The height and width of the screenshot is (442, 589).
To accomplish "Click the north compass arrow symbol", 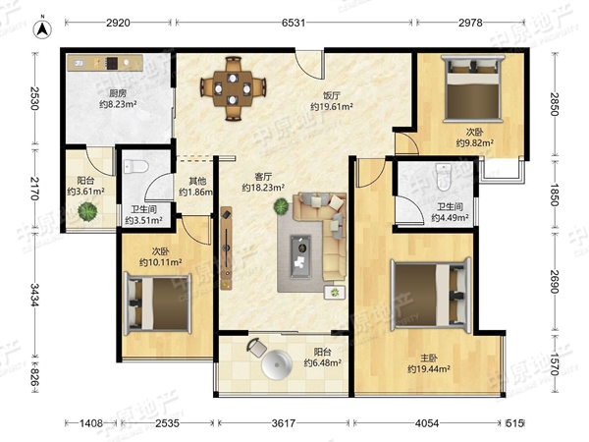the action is (x=43, y=29).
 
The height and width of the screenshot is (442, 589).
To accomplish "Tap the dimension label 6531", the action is (x=294, y=23).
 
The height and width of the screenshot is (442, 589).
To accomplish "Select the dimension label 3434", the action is (x=34, y=295).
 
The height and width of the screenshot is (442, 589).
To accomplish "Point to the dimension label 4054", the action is (x=427, y=423).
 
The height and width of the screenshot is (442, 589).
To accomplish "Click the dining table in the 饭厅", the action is (x=233, y=88).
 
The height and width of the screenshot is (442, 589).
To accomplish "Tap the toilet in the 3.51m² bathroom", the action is (x=135, y=166).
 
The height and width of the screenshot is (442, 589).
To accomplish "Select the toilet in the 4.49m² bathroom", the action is (x=444, y=177).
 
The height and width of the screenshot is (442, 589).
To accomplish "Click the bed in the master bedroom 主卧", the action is (x=431, y=295).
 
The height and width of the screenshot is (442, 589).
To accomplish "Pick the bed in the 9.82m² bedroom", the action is (x=473, y=88).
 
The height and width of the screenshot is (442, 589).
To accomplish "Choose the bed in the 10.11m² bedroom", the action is (x=158, y=304).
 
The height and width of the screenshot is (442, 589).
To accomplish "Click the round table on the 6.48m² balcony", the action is (x=277, y=364).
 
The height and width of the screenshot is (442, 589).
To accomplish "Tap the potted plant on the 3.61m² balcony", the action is (x=87, y=211).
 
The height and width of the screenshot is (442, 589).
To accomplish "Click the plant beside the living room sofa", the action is (x=282, y=206).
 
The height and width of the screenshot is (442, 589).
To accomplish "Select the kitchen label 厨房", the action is (x=118, y=93).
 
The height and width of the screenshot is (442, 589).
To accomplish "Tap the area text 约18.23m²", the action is (x=263, y=188).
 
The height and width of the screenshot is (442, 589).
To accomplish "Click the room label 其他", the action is (x=197, y=181).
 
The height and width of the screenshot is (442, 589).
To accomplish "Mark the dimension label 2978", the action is (x=470, y=23).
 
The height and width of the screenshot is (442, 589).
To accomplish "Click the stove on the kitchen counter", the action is (x=112, y=63).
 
